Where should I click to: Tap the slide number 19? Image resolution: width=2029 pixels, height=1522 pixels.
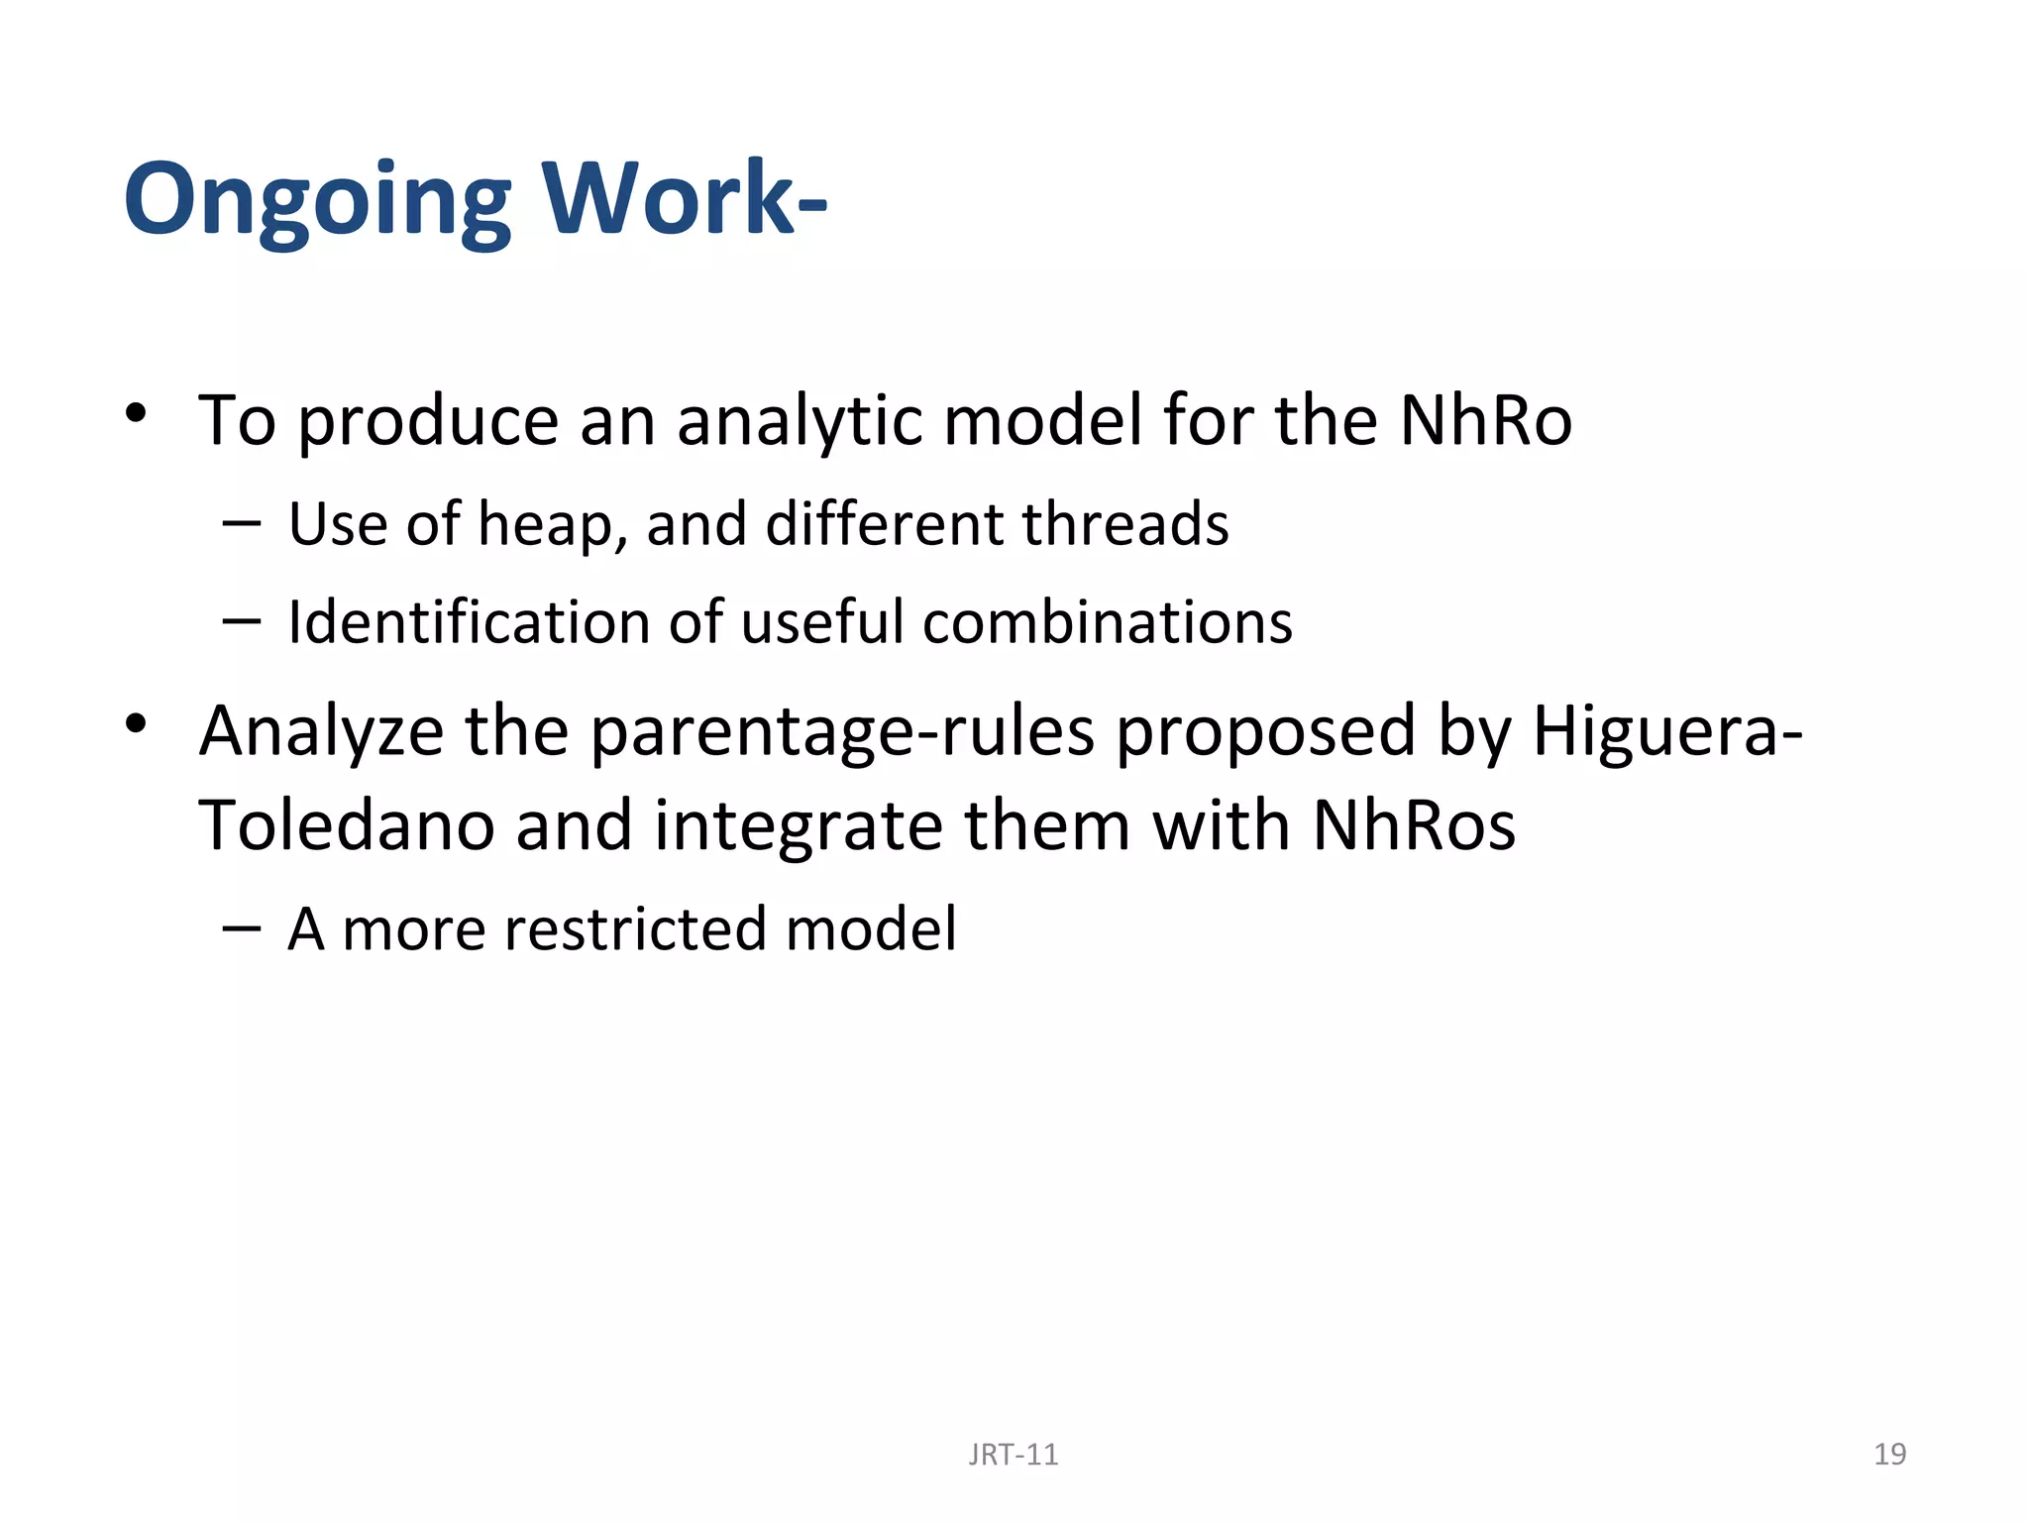pos(1889,1454)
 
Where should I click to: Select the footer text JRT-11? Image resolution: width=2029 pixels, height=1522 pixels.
pos(1013,1455)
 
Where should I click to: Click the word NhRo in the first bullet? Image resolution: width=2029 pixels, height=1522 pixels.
pos(1485,421)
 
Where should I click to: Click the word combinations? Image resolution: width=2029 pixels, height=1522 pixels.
pos(1108,622)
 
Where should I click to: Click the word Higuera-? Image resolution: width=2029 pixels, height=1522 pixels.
pos(1667,731)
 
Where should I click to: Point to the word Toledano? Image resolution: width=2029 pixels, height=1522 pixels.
pos(346,826)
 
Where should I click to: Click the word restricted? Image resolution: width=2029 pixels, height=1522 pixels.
pos(634,929)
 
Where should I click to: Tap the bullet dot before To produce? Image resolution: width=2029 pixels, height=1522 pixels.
pos(137,414)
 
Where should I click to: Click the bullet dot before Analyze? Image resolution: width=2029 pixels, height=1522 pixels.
pos(137,724)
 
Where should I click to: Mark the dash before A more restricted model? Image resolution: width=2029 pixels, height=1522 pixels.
pos(242,928)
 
